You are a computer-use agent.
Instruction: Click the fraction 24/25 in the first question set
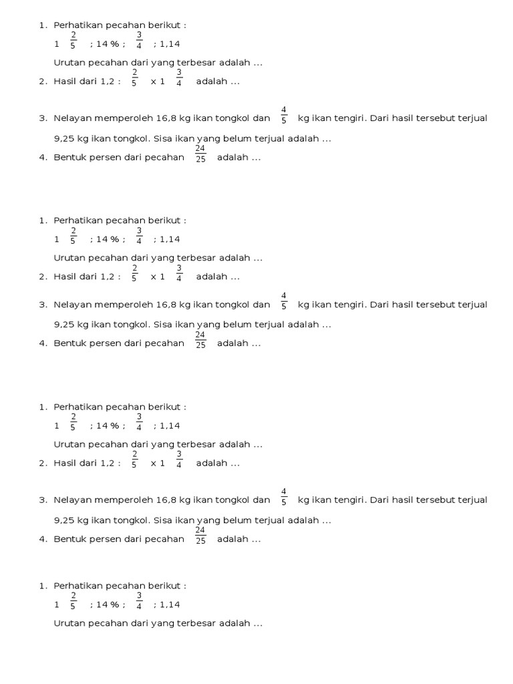tap(200, 153)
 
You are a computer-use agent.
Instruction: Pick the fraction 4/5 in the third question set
tap(284, 495)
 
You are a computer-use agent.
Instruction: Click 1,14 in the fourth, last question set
tap(170, 605)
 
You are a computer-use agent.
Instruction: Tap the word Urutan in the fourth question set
tap(68, 623)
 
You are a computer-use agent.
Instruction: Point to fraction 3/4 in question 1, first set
tap(140, 40)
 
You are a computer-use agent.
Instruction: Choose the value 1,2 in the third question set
tap(107, 463)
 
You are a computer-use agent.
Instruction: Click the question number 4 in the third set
tap(42, 539)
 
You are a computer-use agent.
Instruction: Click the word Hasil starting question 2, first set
tap(66, 82)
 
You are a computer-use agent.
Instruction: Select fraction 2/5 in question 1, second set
tap(73, 235)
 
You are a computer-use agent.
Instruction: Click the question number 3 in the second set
tap(42, 305)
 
